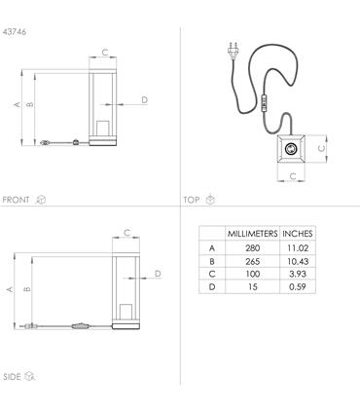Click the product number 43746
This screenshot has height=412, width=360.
click(x=15, y=32)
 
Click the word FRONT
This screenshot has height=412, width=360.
click(x=16, y=200)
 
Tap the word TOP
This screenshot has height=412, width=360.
click(x=192, y=200)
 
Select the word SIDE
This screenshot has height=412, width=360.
click(x=12, y=377)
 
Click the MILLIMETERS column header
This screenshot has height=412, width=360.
click(x=252, y=234)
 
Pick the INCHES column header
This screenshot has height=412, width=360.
click(x=298, y=234)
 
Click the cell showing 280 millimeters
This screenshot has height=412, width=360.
click(x=252, y=248)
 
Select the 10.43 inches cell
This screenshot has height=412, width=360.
click(x=298, y=261)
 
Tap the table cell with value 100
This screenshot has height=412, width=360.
click(x=252, y=274)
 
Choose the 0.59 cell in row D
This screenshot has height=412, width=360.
click(x=298, y=287)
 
